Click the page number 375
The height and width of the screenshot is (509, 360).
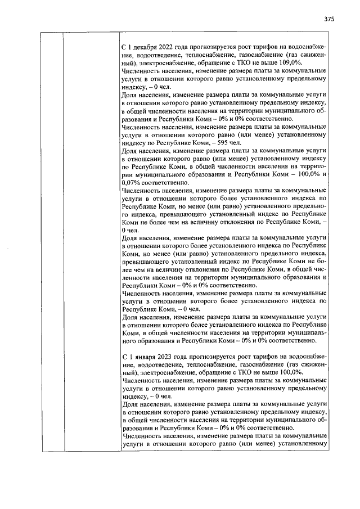coord(329,19)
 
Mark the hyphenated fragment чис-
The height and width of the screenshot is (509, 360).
coord(321,269)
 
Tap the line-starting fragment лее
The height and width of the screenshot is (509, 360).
coord(126,269)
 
